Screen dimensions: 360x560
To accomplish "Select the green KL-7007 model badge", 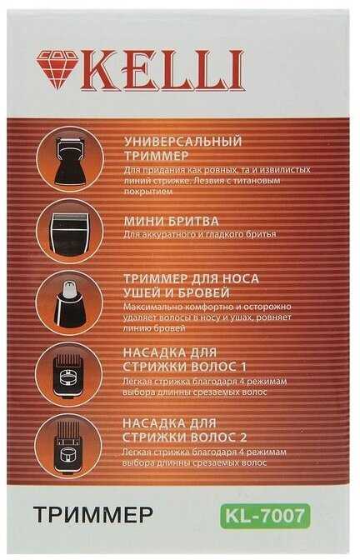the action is (x=265, y=515).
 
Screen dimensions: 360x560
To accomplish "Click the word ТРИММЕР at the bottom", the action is (x=93, y=515).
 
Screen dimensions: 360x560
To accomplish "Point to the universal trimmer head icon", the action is (x=70, y=160).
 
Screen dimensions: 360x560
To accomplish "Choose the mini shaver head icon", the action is (x=70, y=232).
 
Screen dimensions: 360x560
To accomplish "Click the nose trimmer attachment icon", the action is (x=69, y=302).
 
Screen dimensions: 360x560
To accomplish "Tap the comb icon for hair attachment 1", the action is (x=69, y=375).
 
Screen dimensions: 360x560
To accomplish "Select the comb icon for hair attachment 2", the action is (x=69, y=447).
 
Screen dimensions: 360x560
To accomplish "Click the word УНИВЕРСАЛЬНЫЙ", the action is (x=183, y=142).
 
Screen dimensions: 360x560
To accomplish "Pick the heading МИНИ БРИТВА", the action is (x=171, y=221).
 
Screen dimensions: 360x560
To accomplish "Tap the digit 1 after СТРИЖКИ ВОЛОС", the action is (x=243, y=367).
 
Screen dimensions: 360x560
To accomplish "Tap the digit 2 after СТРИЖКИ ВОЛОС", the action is (x=242, y=437).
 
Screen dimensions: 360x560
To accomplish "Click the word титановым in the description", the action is (x=256, y=181).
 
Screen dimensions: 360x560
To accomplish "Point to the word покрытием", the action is (x=147, y=192).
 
